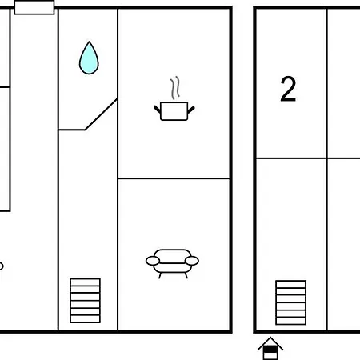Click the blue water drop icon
click(x=89, y=58)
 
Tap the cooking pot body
click(x=174, y=111)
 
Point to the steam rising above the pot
click(x=175, y=88)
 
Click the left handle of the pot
click(x=157, y=109)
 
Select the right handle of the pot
click(x=191, y=110)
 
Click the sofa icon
click(x=172, y=263)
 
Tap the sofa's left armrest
click(x=153, y=261)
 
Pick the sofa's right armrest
click(x=192, y=261)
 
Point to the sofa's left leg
click(x=160, y=275)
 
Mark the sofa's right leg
click(x=186, y=275)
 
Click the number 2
click(x=288, y=89)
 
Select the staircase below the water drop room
click(x=85, y=301)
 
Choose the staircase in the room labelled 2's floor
click(x=291, y=302)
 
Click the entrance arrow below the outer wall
click(x=270, y=348)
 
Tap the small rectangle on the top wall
click(x=34, y=7)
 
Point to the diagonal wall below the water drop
click(x=101, y=114)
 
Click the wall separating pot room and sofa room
click(x=174, y=178)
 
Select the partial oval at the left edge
click(x=1, y=266)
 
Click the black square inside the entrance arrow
click(x=270, y=349)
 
